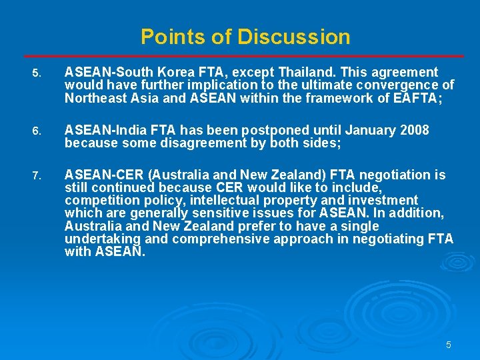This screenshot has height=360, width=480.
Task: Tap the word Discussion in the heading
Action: click(x=293, y=36)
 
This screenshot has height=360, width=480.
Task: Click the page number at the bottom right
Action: click(x=449, y=345)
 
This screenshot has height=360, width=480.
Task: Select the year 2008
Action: click(x=413, y=129)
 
